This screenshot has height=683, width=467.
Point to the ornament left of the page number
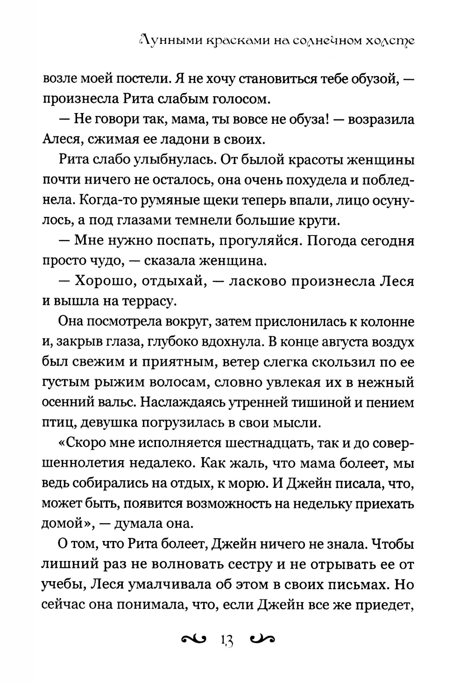(x=192, y=639)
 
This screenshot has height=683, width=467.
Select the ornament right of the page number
(x=262, y=639)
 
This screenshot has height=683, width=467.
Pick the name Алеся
(x=60, y=139)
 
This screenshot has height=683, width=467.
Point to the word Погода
(x=326, y=240)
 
